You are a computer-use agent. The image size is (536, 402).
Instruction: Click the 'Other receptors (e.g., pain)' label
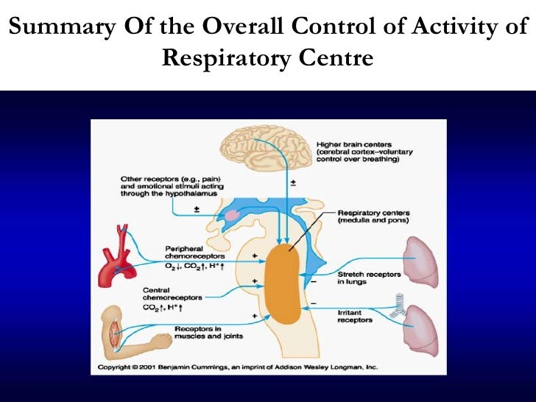click(166, 179)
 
